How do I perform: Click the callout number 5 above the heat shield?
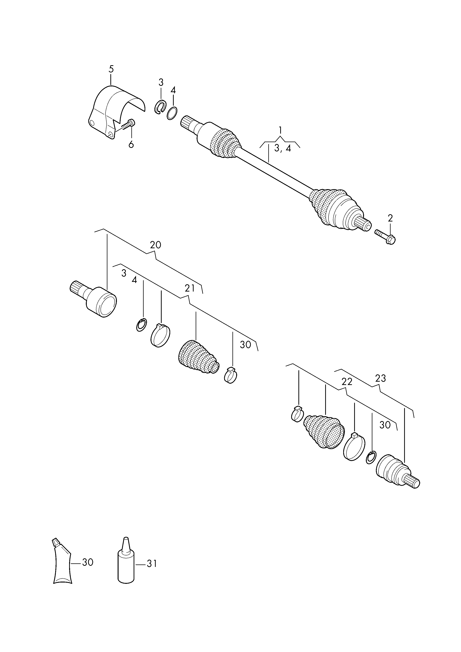pos(111,69)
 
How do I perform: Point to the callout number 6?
pos(131,145)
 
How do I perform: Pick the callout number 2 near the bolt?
pos(390,218)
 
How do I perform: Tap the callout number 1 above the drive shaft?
pos(280,130)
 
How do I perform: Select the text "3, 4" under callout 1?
pos(283,148)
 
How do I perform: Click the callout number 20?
pos(155,245)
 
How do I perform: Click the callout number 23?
pos(381,378)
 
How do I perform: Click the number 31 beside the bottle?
pos(152,564)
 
